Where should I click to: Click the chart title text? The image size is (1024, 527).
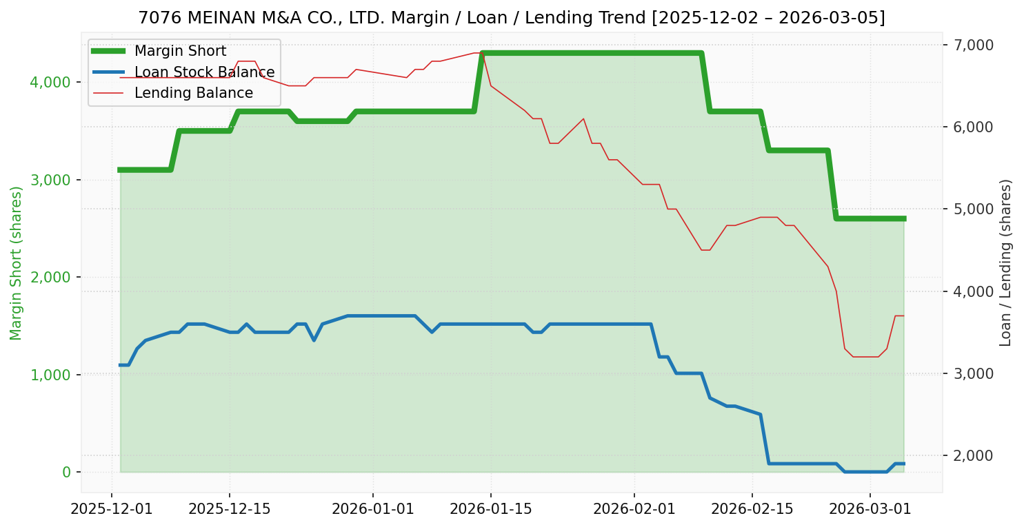tap(512, 18)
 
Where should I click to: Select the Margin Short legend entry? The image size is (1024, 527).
tap(180, 51)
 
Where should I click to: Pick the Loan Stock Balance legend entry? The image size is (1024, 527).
tap(204, 72)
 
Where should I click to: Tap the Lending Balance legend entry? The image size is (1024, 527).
tap(193, 93)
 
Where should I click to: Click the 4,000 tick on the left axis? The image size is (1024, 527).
tap(52, 83)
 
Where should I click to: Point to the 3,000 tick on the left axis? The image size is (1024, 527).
tap(52, 180)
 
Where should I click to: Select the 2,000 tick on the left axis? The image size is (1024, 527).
tap(52, 277)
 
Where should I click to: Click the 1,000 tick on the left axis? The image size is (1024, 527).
tap(52, 375)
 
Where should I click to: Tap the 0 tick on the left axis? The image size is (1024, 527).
tap(66, 472)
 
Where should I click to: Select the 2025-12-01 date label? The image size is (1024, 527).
tap(112, 509)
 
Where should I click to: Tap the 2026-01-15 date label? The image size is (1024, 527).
tap(491, 509)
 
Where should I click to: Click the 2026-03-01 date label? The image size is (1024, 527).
tap(870, 509)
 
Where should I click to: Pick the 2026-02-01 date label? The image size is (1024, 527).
tap(634, 509)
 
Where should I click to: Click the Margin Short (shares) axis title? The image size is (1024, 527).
tap(17, 263)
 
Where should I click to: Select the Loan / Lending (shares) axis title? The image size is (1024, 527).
tap(1005, 262)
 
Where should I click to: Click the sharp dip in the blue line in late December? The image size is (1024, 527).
tap(314, 340)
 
